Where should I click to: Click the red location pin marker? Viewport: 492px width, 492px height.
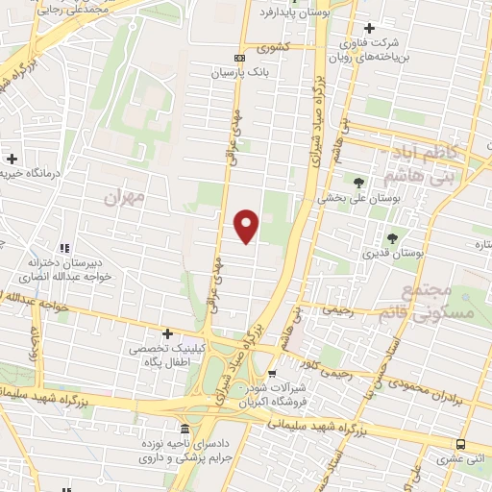247,226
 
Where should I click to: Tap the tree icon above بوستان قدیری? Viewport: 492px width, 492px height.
391,238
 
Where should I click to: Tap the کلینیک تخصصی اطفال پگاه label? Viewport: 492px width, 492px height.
168,354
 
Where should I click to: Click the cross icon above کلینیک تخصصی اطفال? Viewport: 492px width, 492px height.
168,332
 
